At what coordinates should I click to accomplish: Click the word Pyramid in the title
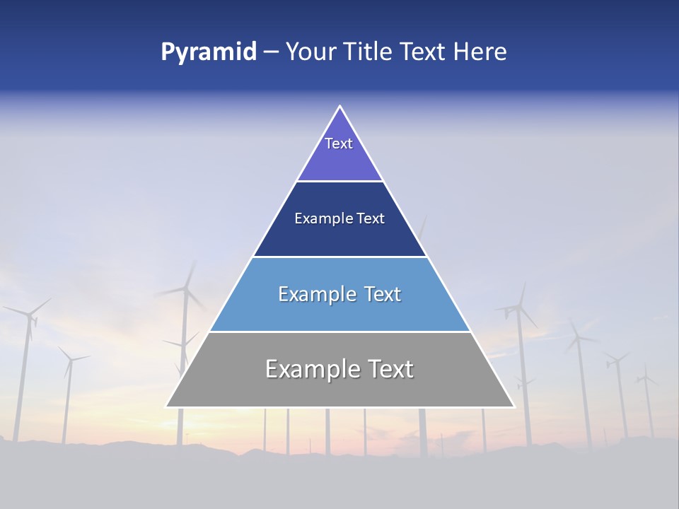click(x=208, y=52)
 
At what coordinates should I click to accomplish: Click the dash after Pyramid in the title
click(x=271, y=52)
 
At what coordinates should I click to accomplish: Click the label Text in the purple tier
click(x=339, y=144)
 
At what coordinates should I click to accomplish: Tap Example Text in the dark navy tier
click(x=339, y=218)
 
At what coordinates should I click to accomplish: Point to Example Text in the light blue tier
click(x=339, y=294)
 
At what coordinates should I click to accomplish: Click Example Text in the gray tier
click(x=339, y=369)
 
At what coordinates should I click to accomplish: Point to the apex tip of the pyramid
click(x=340, y=107)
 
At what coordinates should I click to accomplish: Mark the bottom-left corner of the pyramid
click(x=167, y=406)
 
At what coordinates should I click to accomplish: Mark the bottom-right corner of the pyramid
click(x=513, y=406)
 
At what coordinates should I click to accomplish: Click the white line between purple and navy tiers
click(x=339, y=181)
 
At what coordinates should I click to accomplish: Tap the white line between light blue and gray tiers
click(x=339, y=332)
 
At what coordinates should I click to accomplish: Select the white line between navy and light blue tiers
click(x=339, y=257)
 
